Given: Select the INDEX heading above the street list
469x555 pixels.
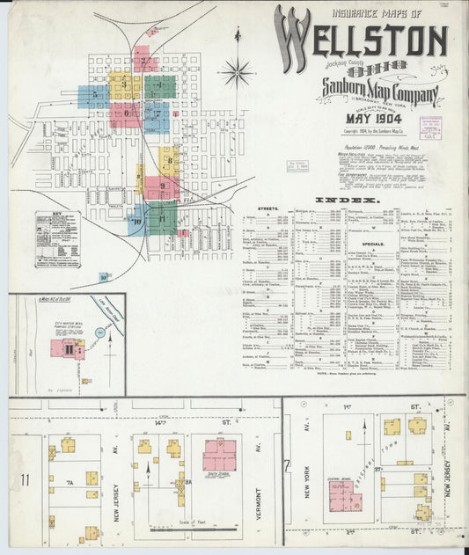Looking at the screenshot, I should [x=355, y=201].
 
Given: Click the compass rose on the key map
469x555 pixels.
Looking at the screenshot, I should [x=237, y=71].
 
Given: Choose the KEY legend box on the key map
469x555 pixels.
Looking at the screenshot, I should [x=57, y=238].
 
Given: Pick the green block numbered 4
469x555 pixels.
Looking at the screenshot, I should [x=159, y=86].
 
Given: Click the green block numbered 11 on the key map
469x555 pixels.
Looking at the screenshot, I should [x=162, y=216].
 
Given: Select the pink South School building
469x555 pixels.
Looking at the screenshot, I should [x=220, y=454].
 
